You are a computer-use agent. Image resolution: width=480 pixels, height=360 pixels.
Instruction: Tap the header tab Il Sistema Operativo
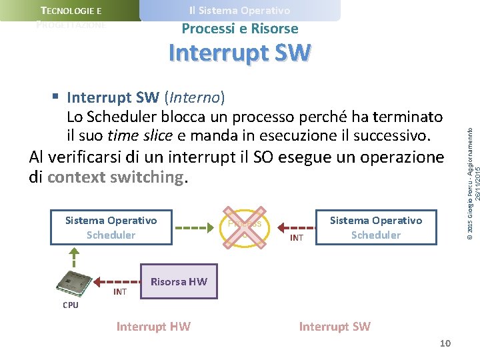click(239, 11)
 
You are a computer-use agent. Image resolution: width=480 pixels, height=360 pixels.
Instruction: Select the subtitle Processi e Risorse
click(239, 29)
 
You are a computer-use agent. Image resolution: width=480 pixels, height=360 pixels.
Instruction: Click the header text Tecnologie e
click(71, 11)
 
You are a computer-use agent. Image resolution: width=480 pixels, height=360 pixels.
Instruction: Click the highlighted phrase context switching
click(115, 177)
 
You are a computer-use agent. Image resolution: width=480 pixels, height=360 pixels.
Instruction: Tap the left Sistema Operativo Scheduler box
click(111, 227)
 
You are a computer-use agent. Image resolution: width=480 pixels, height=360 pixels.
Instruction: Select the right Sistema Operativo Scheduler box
click(375, 227)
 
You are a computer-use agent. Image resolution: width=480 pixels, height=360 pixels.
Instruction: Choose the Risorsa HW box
click(179, 281)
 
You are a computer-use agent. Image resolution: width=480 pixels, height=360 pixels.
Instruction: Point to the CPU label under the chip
click(70, 305)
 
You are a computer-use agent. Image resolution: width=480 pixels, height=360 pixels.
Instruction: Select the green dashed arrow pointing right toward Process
click(195, 227)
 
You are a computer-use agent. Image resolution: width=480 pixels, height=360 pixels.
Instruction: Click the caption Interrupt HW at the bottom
click(153, 326)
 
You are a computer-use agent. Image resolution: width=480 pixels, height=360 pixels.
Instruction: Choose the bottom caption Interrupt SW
click(335, 326)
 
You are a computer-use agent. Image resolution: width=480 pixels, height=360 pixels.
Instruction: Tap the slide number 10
click(445, 343)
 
